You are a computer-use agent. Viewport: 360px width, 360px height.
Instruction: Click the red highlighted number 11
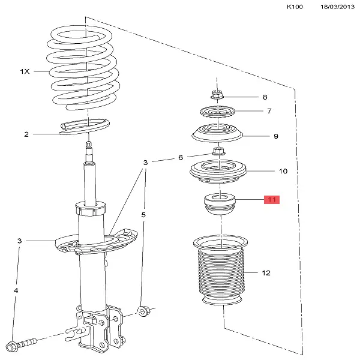[272, 200]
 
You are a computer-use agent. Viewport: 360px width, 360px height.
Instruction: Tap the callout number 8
[264, 97]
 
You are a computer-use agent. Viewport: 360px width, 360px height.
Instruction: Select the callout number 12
[266, 272]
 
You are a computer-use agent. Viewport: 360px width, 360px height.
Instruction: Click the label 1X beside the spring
[25, 71]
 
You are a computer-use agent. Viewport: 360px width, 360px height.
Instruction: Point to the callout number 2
[26, 134]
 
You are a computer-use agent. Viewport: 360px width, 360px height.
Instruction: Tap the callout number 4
[16, 291]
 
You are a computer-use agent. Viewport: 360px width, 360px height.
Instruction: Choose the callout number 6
[179, 158]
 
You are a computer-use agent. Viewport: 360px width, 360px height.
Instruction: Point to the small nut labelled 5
[143, 310]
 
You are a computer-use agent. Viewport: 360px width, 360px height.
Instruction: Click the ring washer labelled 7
[217, 111]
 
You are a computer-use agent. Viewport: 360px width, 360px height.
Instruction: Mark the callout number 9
[276, 136]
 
